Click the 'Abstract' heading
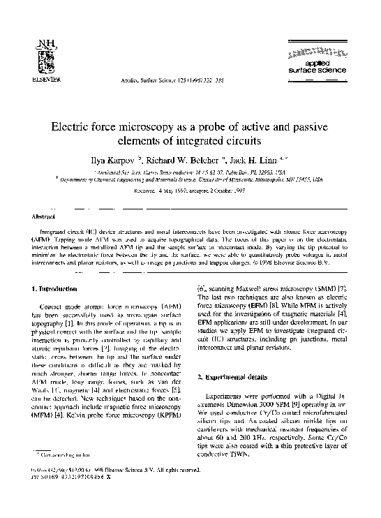(x=34, y=218)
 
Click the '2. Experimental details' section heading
(x=237, y=377)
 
